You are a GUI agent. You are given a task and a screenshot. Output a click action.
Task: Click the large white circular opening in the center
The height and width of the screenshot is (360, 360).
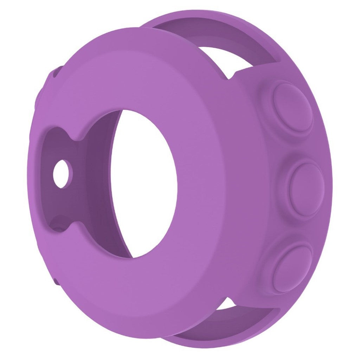[148, 183]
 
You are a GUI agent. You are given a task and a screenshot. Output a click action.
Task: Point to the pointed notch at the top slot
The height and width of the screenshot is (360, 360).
[231, 76]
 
